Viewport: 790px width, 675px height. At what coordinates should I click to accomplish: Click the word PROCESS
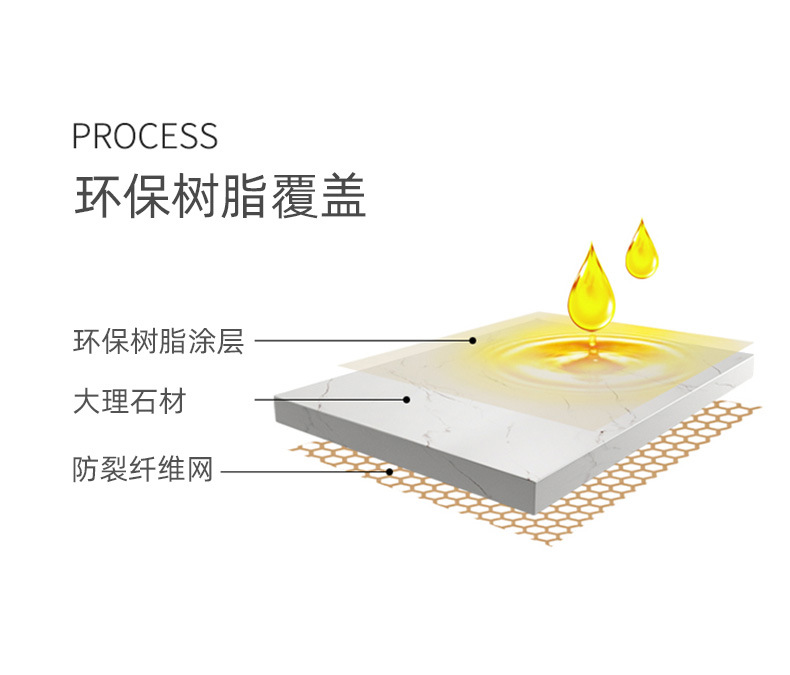point(145,136)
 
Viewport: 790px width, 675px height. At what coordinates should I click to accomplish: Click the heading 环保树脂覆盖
point(220,197)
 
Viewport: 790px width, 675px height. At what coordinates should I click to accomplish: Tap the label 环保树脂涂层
point(158,341)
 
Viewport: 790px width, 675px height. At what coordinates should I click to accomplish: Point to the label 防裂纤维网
point(143,469)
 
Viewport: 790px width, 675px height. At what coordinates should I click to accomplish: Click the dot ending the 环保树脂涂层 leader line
point(473,340)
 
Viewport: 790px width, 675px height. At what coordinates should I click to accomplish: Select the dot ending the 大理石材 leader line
point(407,400)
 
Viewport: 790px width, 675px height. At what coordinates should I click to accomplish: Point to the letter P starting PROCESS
point(81,136)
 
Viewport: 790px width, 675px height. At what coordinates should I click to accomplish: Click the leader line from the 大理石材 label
point(330,400)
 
